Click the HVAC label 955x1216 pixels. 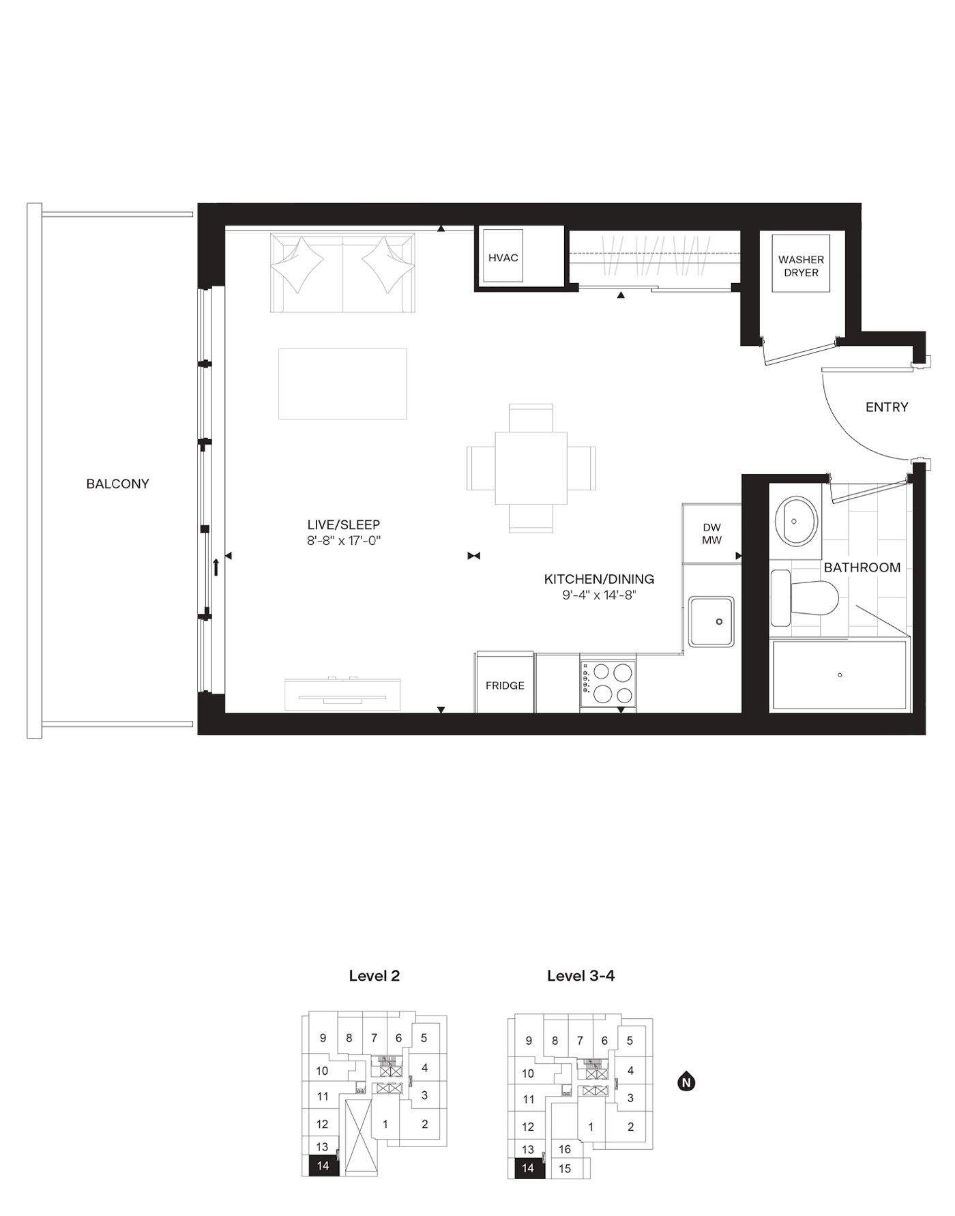[503, 258]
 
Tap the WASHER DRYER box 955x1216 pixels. [801, 265]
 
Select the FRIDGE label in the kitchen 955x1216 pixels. [505, 685]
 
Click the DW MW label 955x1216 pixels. [711, 533]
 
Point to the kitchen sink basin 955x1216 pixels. [711, 621]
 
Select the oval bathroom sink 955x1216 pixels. [795, 521]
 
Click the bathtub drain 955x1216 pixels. [840, 675]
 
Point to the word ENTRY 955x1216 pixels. [887, 407]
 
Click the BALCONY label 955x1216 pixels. [117, 484]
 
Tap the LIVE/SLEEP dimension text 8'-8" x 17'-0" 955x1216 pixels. [343, 541]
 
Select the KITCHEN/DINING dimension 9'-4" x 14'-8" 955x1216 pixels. [599, 595]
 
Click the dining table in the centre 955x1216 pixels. [531, 468]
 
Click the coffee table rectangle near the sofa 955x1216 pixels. [342, 383]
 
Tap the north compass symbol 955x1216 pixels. [686, 1081]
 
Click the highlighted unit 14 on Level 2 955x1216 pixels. [323, 1166]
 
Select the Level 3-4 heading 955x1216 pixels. [581, 976]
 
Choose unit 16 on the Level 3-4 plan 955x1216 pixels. [564, 1149]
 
